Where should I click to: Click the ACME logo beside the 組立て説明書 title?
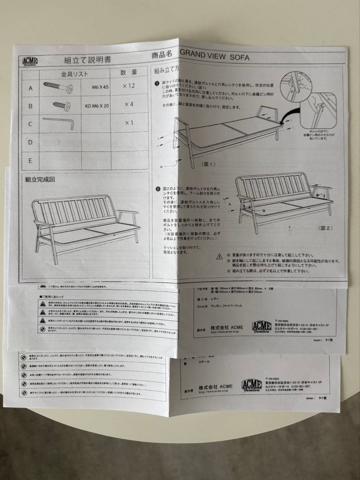coord(30,61)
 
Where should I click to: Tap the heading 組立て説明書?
coord(88,60)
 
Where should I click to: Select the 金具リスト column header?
coord(74,74)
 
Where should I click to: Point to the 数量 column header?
coord(129,72)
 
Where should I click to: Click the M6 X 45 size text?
coord(100,87)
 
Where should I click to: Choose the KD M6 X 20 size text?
coord(97,106)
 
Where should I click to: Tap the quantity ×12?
coord(129,85)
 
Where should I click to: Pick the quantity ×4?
coord(129,104)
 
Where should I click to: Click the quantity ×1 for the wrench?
coord(129,123)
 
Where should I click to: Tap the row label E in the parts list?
coord(31,160)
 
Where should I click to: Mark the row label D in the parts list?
coord(31,142)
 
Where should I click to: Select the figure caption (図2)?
coord(325,228)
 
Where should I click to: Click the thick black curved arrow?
coord(292,114)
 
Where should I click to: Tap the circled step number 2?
coord(158,189)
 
